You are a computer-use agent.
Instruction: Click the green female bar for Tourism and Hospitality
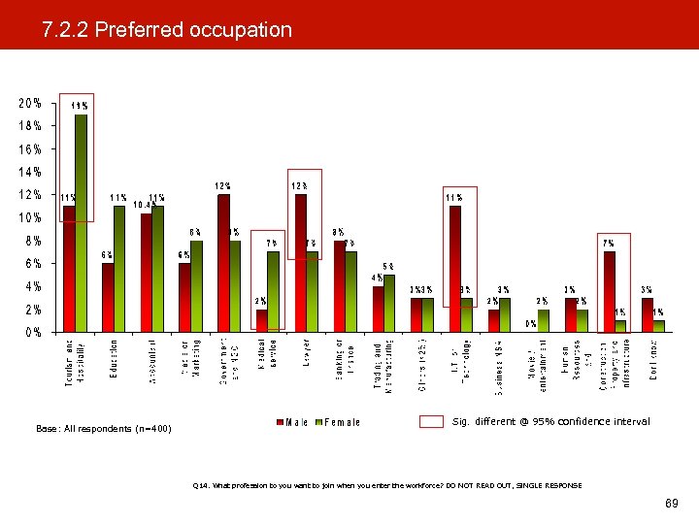(x=82, y=223)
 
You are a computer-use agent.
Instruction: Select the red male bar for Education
(x=108, y=297)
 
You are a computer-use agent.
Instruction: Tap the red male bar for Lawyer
(x=301, y=263)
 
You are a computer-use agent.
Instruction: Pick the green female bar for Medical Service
(x=274, y=291)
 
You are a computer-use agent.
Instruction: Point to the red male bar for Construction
(x=609, y=291)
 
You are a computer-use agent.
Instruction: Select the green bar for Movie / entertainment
(x=543, y=320)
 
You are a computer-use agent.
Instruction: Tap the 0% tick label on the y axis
(x=32, y=332)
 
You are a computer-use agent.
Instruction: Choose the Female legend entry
(x=340, y=422)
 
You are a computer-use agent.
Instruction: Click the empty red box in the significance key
(x=431, y=422)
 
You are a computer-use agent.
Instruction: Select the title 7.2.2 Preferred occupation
(x=167, y=30)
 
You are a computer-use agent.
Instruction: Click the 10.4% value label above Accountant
(x=144, y=206)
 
